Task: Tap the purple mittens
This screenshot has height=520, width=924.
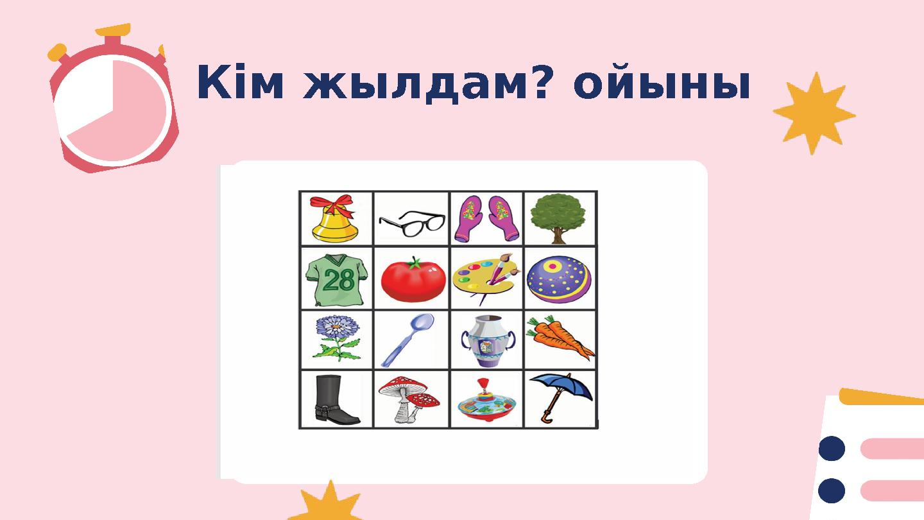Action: pyautogui.click(x=486, y=219)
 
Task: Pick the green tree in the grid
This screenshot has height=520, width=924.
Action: pyautogui.click(x=559, y=217)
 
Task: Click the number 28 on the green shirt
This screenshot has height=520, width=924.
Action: pyautogui.click(x=338, y=281)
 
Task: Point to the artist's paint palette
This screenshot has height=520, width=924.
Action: pyautogui.click(x=485, y=280)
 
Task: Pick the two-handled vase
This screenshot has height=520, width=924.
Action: pyautogui.click(x=486, y=340)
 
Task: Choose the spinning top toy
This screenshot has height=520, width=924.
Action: pyautogui.click(x=485, y=404)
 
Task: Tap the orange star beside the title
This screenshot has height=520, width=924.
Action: pyautogui.click(x=814, y=114)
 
